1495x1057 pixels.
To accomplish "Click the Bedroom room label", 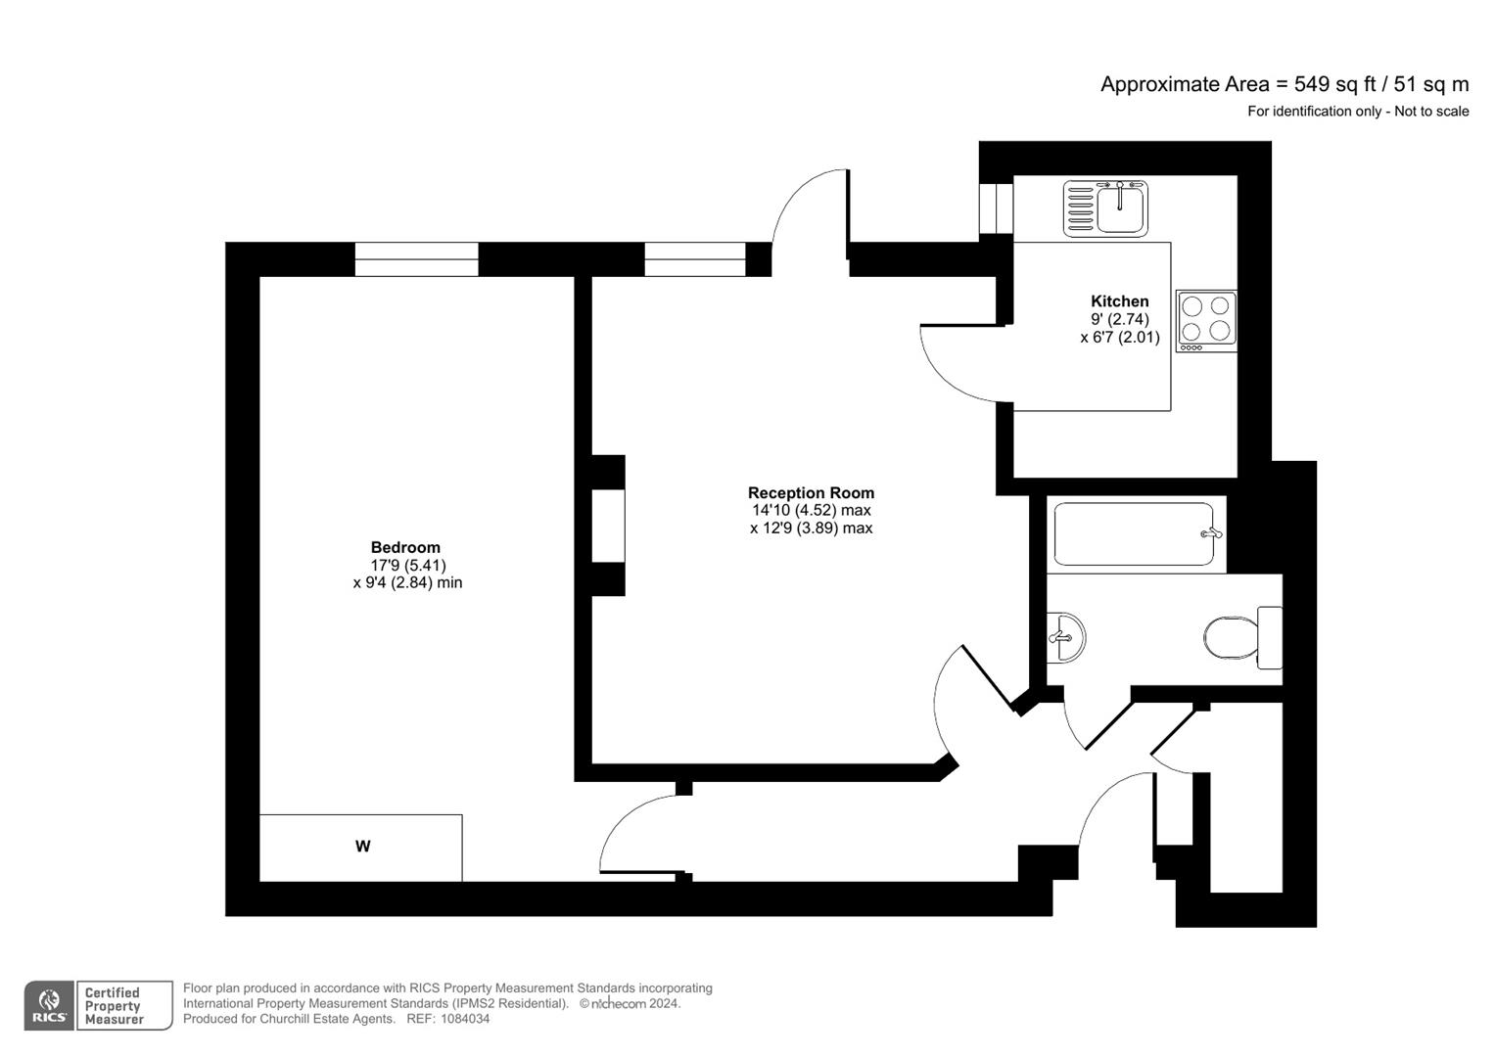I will [x=405, y=547].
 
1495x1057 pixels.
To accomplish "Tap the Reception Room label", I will [x=811, y=493].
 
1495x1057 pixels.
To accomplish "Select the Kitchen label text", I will [x=1119, y=301].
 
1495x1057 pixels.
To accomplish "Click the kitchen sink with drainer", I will [x=1105, y=207].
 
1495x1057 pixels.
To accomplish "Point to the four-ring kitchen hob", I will [x=1205, y=320].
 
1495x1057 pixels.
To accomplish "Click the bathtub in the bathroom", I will [x=1134, y=534].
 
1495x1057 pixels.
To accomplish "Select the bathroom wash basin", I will [x=1065, y=637].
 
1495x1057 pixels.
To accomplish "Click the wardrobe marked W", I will [x=361, y=847].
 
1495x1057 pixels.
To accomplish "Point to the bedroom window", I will [x=416, y=259].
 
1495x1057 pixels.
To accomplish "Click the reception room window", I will [x=694, y=259].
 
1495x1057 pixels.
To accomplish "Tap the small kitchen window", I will [x=997, y=207].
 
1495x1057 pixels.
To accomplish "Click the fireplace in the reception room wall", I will [x=608, y=526].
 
